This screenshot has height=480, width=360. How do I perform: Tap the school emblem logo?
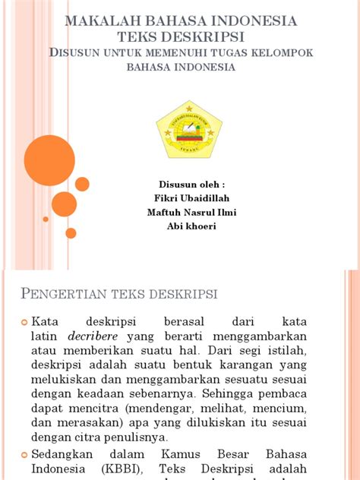point(188,130)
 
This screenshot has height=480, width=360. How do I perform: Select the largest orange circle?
point(49,160)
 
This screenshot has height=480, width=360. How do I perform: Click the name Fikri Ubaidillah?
point(191,198)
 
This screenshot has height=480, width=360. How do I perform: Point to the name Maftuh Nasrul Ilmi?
point(191,213)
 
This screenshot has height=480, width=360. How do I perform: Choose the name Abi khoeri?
point(191,226)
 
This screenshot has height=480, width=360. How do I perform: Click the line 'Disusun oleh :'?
point(191,185)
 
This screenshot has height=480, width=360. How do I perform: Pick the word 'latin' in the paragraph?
point(45,336)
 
